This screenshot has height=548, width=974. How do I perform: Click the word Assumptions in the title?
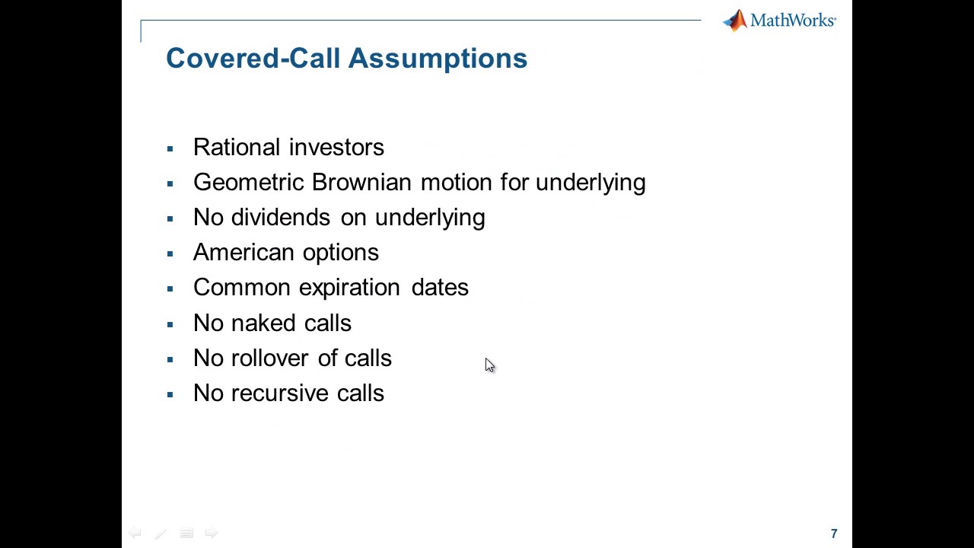(438, 59)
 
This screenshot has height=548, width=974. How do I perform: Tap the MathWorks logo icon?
(735, 21)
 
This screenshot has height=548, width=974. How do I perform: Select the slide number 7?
(834, 534)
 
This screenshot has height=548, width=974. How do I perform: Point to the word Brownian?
(362, 182)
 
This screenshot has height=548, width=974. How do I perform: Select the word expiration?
(349, 288)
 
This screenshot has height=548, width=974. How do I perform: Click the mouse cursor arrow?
(489, 365)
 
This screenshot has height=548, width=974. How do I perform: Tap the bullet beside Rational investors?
(170, 148)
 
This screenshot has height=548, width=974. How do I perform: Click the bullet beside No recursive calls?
(170, 394)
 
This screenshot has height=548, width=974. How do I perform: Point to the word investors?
(336, 147)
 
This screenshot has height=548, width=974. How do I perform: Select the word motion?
(456, 182)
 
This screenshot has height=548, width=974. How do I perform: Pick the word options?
(340, 253)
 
